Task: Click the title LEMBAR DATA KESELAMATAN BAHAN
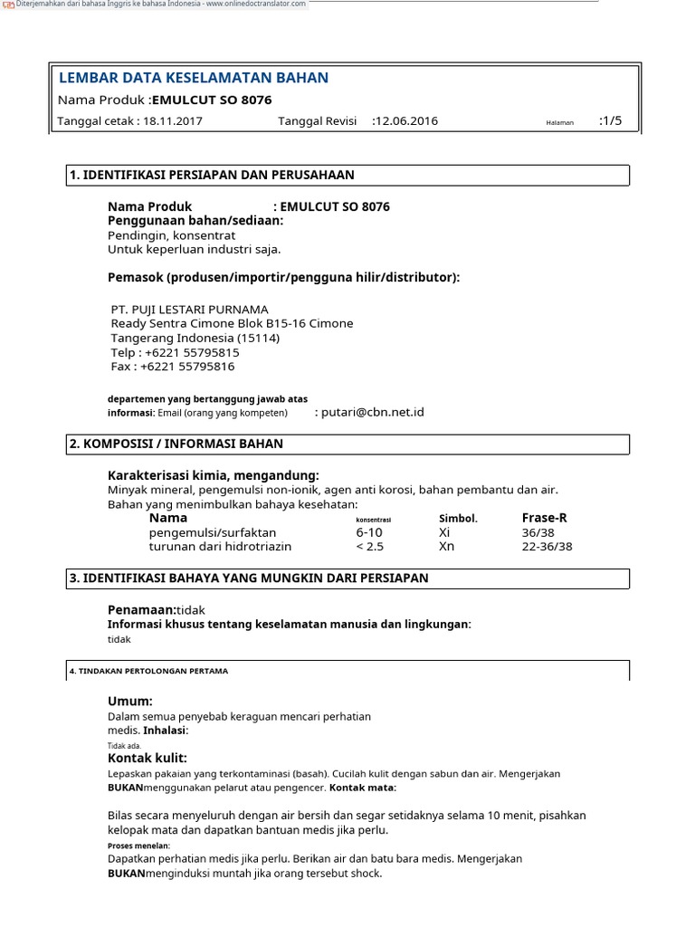193,78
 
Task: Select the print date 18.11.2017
173,121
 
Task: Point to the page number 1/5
613,120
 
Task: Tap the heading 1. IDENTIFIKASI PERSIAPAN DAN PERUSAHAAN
212,175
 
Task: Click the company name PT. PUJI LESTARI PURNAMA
189,309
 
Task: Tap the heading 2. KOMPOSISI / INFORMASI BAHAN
176,444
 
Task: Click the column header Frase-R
545,518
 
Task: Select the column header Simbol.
458,519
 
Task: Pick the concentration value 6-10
369,532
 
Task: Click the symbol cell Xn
446,547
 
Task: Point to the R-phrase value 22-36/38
547,547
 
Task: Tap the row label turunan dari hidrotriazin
220,547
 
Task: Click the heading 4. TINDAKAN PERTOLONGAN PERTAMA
149,671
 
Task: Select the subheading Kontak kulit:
148,758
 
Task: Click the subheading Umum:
130,702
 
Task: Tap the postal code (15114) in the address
259,338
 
